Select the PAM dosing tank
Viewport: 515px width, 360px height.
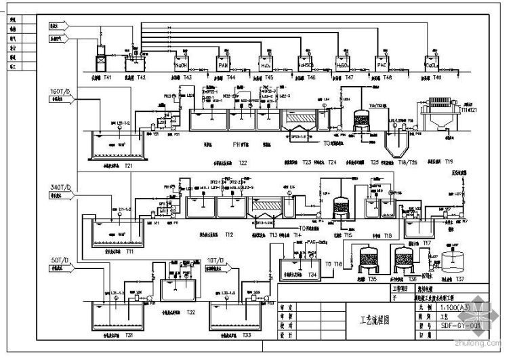click(x=224, y=64)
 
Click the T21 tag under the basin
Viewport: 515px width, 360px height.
click(x=127, y=165)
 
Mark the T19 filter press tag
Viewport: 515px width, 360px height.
click(x=449, y=163)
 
